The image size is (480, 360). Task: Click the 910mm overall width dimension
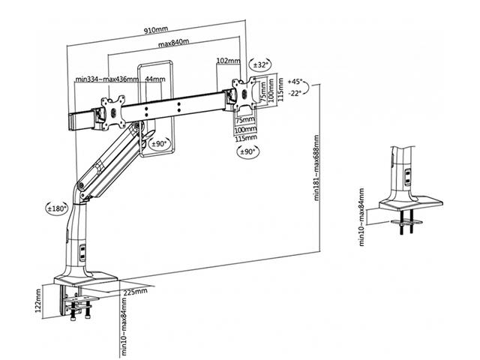[x=157, y=32]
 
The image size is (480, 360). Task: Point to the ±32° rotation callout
[x=261, y=65]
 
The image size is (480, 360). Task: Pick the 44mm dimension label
[x=155, y=79]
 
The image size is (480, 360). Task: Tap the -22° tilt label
[x=294, y=93]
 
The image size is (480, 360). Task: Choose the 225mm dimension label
[x=135, y=292]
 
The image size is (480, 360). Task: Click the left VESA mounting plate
[x=116, y=107]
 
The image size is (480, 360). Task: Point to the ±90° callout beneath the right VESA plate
[x=246, y=151]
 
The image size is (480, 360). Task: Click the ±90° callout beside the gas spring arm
[x=160, y=142]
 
